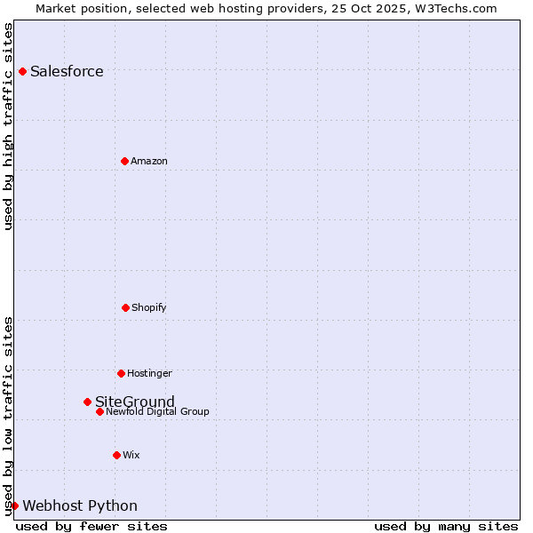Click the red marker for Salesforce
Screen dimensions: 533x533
click(x=22, y=71)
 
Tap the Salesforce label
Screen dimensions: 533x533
click(x=67, y=72)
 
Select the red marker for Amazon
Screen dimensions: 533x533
click(x=124, y=161)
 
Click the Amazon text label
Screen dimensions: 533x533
click(x=149, y=161)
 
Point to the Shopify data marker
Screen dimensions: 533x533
click(x=125, y=307)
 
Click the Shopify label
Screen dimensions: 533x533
click(x=149, y=307)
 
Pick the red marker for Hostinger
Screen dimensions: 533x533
click(x=121, y=373)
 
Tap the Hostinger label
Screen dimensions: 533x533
click(x=149, y=373)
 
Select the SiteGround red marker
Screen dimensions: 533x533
click(x=87, y=402)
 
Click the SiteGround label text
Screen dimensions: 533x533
click(x=135, y=402)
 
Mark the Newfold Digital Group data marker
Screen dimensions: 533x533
click(x=99, y=411)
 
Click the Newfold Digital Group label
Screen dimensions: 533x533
click(x=158, y=411)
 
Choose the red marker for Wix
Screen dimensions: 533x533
click(x=116, y=455)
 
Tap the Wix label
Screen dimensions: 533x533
click(x=131, y=455)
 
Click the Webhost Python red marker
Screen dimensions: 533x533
click(x=14, y=505)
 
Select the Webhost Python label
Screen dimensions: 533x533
click(x=80, y=506)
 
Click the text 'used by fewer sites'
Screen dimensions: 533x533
click(x=91, y=526)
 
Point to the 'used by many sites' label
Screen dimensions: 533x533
click(x=446, y=526)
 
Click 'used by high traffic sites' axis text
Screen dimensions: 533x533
click(x=8, y=126)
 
